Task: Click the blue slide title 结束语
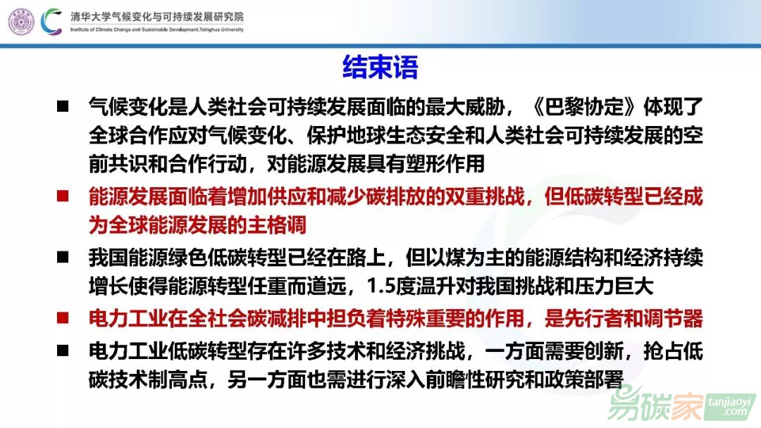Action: tap(380, 67)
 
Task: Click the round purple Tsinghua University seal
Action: tap(21, 22)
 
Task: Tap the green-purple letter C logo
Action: tap(51, 22)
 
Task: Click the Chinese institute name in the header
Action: tap(156, 16)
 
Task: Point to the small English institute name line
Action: tap(156, 30)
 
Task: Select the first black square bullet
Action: tap(63, 106)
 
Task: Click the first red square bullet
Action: tap(63, 196)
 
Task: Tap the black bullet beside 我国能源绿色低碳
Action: tap(63, 257)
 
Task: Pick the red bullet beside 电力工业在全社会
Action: tap(63, 318)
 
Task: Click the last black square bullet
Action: tap(63, 351)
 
